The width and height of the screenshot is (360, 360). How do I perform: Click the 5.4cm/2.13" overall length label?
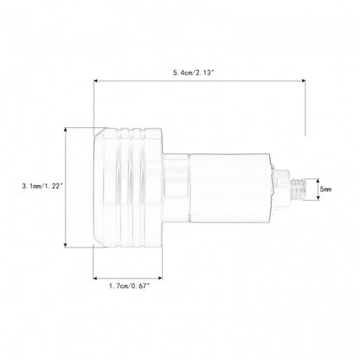[x=194, y=73]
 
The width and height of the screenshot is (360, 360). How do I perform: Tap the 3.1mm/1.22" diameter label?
[x=42, y=186]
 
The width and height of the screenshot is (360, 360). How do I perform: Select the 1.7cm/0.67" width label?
[x=130, y=286]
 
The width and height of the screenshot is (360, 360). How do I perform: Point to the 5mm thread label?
[x=325, y=190]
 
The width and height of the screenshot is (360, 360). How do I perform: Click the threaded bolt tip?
[x=298, y=190]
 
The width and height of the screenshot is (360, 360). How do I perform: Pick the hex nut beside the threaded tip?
[x=281, y=189]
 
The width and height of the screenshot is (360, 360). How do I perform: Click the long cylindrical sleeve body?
[x=229, y=189]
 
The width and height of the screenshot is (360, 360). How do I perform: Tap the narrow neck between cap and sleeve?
[x=176, y=189]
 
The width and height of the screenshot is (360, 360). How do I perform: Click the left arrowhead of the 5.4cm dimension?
[x=96, y=81]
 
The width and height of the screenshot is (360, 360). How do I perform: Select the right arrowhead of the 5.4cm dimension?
[x=303, y=81]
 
